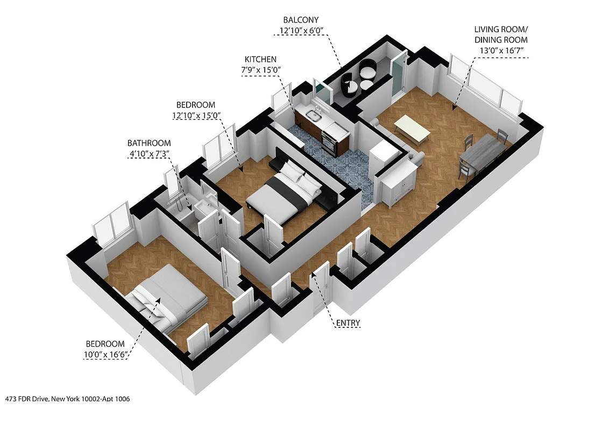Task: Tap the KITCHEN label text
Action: [x=261, y=59]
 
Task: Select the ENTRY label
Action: [x=348, y=323]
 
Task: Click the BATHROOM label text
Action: [x=149, y=143]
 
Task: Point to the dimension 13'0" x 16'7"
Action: [x=501, y=51]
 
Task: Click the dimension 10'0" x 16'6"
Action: [x=106, y=355]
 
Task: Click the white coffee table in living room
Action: [x=412, y=130]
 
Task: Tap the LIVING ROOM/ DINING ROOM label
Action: [x=500, y=34]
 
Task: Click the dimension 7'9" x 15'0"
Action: [x=261, y=70]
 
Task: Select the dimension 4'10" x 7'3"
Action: [x=149, y=154]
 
